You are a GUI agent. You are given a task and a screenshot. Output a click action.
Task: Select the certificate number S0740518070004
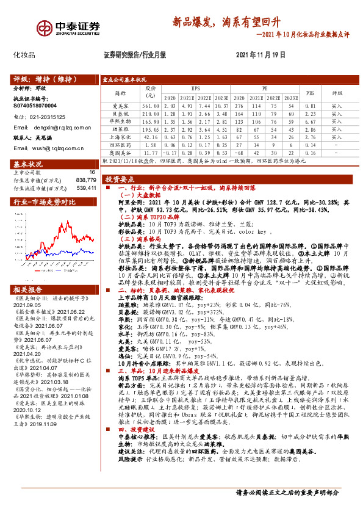pos(35,105)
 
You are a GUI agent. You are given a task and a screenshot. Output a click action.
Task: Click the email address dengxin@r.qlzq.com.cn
pos(60,126)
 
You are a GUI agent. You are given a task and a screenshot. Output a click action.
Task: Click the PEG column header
pos(310,92)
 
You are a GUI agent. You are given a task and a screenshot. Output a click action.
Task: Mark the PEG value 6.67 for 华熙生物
pos(310,121)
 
